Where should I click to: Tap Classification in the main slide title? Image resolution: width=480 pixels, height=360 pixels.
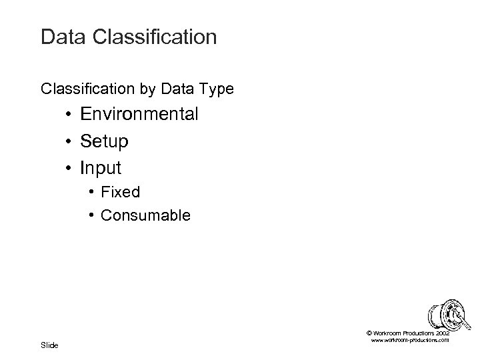[x=155, y=37]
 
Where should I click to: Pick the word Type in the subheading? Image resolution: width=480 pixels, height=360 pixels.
[x=213, y=88]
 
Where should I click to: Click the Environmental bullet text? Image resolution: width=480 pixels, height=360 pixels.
[x=139, y=114]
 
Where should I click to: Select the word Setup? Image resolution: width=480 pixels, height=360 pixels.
[x=105, y=141]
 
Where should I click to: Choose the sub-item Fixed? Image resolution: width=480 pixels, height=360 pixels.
[x=121, y=193]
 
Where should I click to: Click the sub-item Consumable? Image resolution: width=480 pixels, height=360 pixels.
[x=145, y=215]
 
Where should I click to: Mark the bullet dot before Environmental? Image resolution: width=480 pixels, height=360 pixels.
[x=69, y=115]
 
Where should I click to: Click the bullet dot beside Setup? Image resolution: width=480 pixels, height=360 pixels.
[x=69, y=142]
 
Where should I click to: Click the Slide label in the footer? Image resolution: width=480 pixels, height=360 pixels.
[x=49, y=345]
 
